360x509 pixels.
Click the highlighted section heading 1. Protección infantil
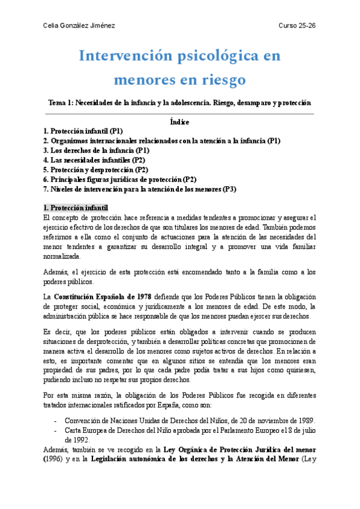click(76, 208)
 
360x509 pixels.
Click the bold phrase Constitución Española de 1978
click(103, 297)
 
